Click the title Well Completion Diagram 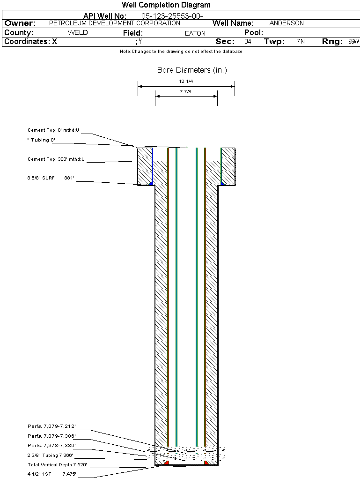click(166, 5)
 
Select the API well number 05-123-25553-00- click(172, 16)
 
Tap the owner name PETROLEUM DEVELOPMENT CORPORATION click(114, 23)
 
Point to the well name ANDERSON click(287, 23)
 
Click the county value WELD click(78, 33)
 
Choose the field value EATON click(195, 33)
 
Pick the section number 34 click(248, 42)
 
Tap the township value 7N click(301, 42)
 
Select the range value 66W click(353, 42)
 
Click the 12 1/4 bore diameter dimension click(186, 82)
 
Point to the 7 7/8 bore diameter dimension click(185, 92)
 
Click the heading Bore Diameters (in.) click(192, 70)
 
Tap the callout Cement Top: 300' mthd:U click(56, 159)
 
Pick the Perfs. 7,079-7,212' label click(51, 426)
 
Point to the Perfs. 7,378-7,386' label click(51, 446)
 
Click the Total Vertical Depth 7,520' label click(57, 465)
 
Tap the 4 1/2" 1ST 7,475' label click(51, 474)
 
